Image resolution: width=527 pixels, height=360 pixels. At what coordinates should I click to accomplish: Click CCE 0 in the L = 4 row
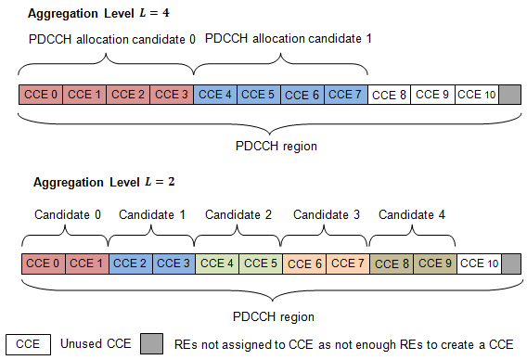tap(40, 95)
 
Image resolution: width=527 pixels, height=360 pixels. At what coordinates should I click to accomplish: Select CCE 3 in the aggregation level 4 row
tap(171, 95)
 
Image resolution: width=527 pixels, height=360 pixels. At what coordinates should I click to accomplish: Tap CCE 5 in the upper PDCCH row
tap(258, 95)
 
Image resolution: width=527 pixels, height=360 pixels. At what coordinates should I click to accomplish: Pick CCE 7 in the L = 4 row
tap(345, 95)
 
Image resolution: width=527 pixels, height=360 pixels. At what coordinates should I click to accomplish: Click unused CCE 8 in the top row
tap(389, 95)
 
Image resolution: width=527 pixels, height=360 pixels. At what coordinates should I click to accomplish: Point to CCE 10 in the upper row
tap(477, 95)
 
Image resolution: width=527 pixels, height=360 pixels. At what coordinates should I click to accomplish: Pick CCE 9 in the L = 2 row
tap(434, 264)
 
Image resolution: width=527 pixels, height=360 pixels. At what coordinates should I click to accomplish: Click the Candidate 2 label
tap(238, 214)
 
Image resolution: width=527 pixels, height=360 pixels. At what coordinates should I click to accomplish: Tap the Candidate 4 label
tap(413, 214)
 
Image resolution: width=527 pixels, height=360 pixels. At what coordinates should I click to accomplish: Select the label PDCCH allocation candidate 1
tap(287, 39)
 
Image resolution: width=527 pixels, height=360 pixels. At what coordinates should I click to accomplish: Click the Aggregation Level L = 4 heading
tap(88, 15)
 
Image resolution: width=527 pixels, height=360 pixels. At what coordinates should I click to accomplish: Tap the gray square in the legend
tap(150, 342)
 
